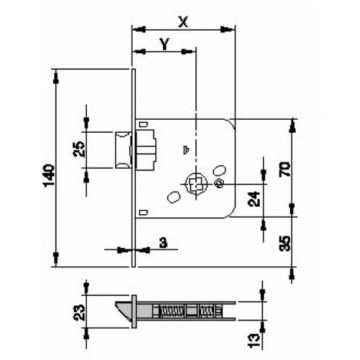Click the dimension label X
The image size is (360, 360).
(184, 22)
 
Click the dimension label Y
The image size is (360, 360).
(165, 43)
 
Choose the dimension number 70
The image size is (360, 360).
(284, 169)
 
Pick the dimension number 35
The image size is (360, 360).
(284, 242)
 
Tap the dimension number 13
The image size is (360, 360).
(254, 340)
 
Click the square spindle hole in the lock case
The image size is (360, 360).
(195, 182)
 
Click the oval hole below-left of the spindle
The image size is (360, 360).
(174, 197)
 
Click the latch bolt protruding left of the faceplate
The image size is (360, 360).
(122, 150)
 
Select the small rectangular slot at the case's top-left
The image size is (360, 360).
(143, 125)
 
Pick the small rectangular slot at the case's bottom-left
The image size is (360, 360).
(143, 211)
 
